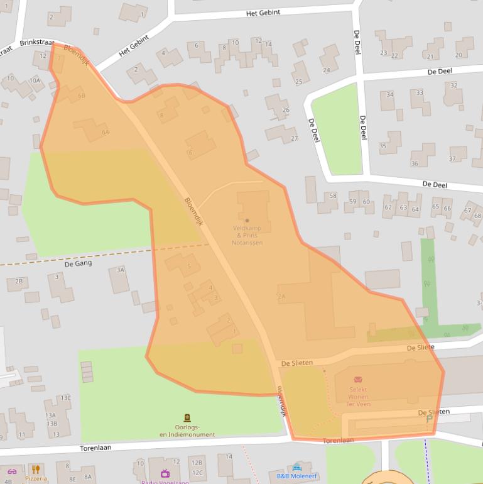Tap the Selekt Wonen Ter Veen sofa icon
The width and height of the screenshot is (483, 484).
tap(358, 380)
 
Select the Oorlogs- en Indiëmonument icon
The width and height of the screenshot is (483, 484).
tap(187, 418)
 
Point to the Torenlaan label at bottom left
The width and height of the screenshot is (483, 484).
tap(95, 448)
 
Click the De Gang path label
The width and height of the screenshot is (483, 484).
tap(78, 263)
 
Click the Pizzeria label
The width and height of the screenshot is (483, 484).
tap(36, 478)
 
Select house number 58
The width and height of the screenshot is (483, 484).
tap(332, 196)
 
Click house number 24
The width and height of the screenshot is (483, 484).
tap(326, 70)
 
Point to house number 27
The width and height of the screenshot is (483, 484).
tap(294, 138)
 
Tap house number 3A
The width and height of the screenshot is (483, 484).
tap(120, 270)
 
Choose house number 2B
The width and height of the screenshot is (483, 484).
tap(18, 281)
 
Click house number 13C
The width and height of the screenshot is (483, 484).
tap(65, 398)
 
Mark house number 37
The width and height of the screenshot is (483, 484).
tap(452, 159)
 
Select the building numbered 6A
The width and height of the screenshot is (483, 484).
tap(105, 132)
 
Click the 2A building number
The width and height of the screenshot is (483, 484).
tap(281, 296)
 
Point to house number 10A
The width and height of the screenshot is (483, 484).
tap(35, 80)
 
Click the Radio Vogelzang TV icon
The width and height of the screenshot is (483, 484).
tap(165, 473)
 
